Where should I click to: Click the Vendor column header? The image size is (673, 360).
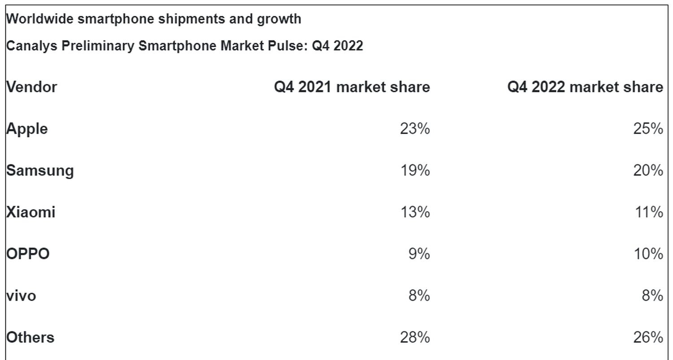tap(31, 87)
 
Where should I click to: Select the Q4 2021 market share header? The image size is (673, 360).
tap(352, 87)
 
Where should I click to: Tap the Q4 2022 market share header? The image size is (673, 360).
tap(585, 87)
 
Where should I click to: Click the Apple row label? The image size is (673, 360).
tap(27, 129)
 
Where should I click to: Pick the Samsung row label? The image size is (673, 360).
tap(40, 171)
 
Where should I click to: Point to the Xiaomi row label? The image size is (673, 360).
tap(31, 212)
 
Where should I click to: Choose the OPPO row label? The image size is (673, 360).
tap(28, 254)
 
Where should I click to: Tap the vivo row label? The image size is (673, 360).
tap(21, 296)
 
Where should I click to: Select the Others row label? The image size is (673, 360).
tap(30, 337)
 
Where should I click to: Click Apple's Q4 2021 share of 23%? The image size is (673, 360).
tap(415, 129)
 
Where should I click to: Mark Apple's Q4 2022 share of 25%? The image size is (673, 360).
tap(648, 129)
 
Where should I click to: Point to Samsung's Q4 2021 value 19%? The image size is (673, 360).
tap(415, 171)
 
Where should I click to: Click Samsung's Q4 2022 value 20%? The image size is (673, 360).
tap(648, 171)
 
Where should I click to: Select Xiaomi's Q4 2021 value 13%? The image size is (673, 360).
tap(415, 212)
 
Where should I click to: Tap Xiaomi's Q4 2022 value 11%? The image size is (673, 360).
tap(648, 212)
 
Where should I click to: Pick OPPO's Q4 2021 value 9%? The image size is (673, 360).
tap(419, 254)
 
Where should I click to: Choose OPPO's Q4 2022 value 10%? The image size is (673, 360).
tap(648, 254)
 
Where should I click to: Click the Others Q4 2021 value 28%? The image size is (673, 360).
tap(415, 337)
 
